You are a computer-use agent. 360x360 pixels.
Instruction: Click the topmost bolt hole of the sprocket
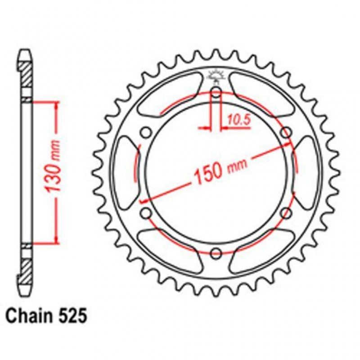pos(216,93)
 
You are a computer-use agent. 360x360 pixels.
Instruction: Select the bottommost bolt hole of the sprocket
pos(216,252)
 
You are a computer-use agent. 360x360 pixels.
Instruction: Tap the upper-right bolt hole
pos(285,133)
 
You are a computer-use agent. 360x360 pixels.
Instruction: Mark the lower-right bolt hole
pos(285,213)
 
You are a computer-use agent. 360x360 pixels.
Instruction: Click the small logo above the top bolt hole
pos(216,76)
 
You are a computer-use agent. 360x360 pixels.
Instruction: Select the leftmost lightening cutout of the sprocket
pos(125,173)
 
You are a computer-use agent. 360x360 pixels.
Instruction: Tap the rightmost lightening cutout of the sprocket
pos(307,173)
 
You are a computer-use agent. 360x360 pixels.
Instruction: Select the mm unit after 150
pos(235,166)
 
